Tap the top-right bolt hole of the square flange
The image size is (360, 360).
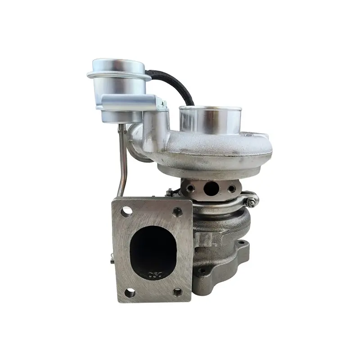(x=178, y=211)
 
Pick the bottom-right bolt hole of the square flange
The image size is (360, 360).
(x=178, y=291)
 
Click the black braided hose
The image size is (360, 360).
(x=178, y=85)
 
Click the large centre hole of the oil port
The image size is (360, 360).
(x=211, y=188)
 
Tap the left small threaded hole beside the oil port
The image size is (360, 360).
(x=191, y=187)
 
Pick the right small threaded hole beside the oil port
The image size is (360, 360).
(x=231, y=189)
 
